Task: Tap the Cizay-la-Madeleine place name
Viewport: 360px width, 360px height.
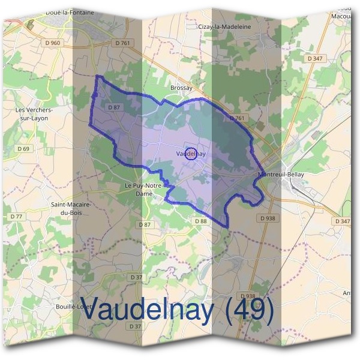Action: [225, 26]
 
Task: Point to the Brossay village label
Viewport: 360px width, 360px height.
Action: [181, 88]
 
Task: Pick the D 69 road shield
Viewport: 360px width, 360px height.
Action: [23, 148]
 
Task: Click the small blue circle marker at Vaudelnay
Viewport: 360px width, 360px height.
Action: [191, 154]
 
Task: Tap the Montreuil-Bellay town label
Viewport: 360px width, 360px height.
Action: [281, 174]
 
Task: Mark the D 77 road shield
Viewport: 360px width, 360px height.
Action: [16, 216]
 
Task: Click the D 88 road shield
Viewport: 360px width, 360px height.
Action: [200, 221]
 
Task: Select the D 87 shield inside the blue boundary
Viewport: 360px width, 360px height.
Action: [114, 107]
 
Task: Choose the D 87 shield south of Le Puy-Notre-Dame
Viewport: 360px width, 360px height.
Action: [145, 224]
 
